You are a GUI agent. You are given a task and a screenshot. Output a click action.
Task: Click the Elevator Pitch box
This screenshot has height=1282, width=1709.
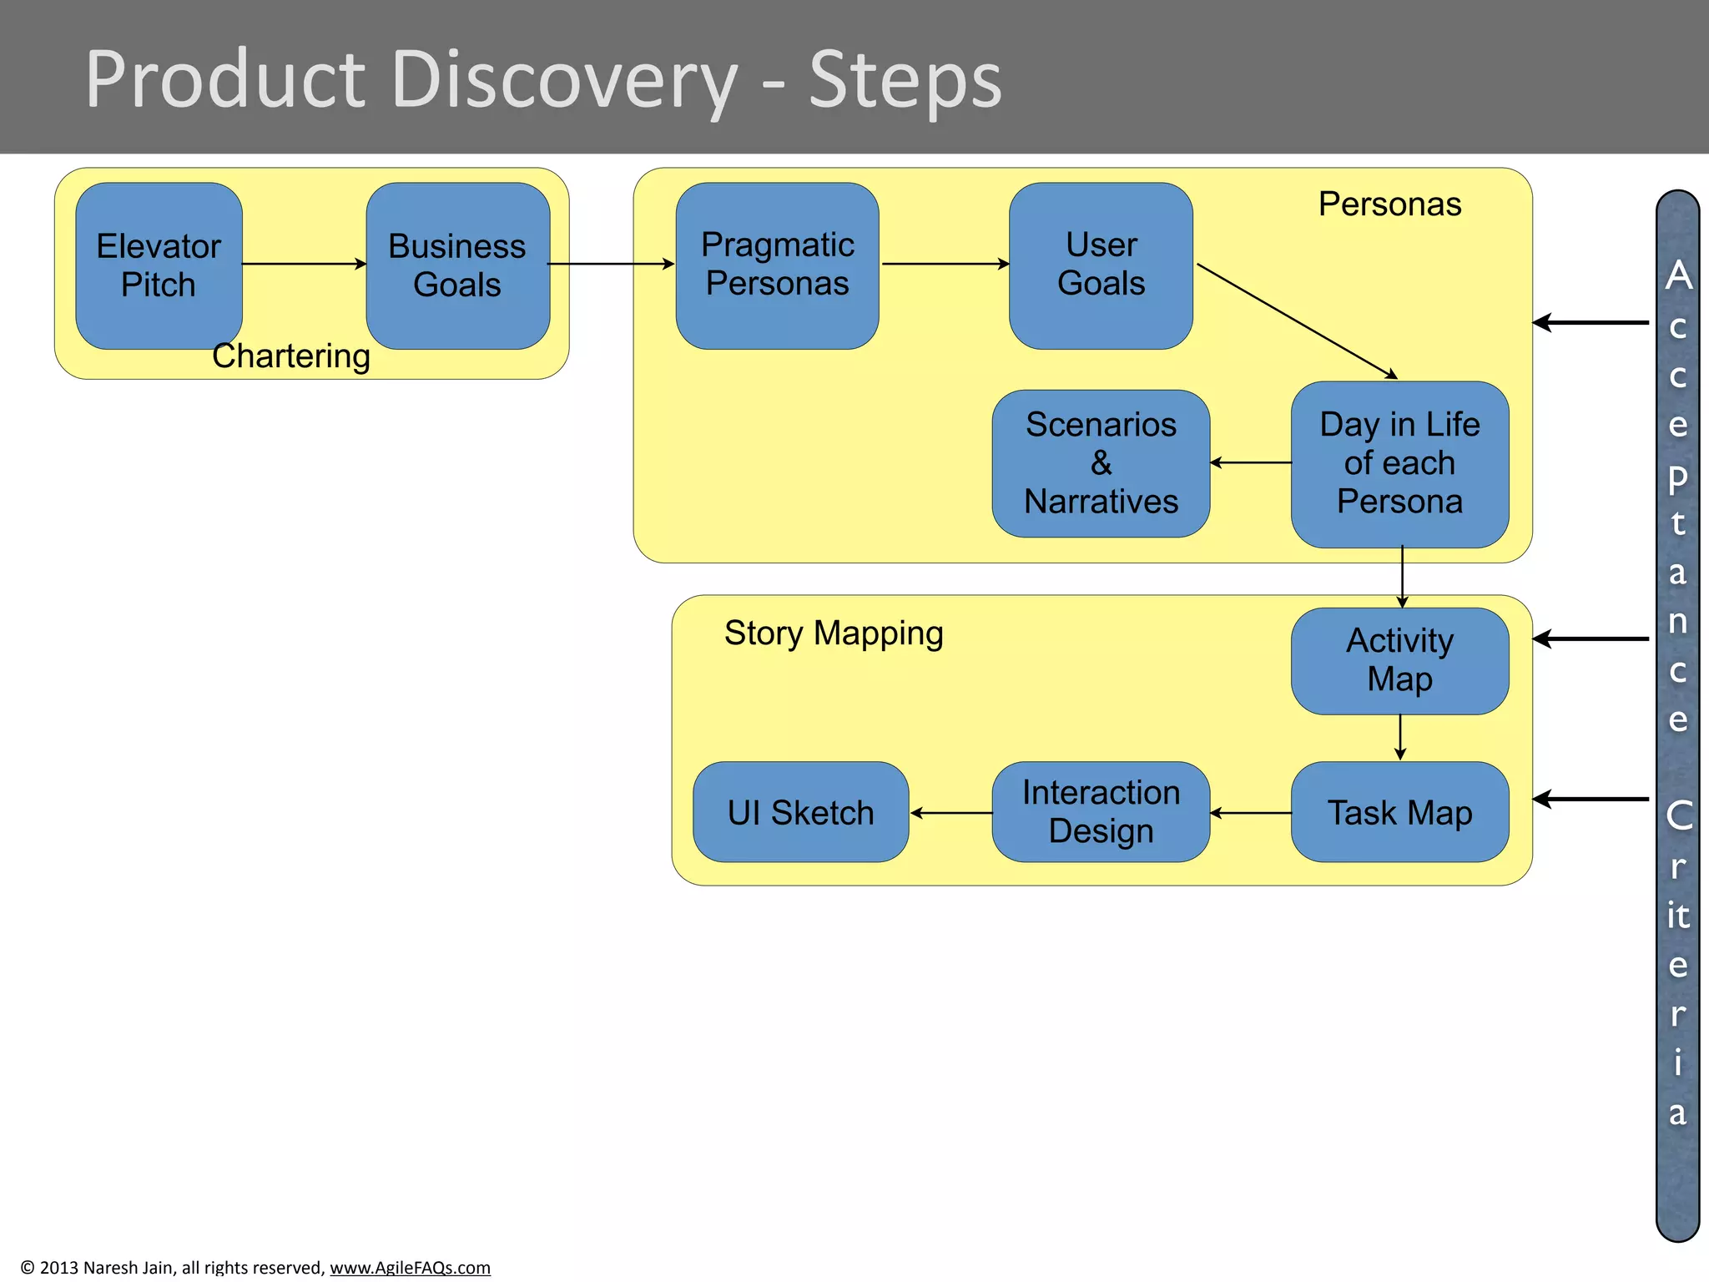159,265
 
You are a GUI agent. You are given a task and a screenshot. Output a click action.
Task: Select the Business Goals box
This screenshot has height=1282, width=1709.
457,265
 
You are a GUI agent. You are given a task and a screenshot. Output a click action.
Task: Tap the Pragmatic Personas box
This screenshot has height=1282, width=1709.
777,265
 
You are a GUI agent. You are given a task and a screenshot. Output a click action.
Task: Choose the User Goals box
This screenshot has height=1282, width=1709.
1101,265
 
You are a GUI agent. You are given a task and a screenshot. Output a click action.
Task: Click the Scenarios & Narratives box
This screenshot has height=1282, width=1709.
1101,463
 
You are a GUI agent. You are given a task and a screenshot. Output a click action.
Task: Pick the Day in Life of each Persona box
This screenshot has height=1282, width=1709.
1399,464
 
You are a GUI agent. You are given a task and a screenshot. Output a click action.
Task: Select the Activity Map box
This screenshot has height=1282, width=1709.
1399,660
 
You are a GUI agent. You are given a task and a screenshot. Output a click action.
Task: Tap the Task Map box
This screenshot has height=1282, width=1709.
1399,812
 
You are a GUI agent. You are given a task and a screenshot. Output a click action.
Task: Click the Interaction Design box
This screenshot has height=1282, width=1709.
1101,812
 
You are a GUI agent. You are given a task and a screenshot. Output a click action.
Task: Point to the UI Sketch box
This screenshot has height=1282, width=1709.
800,812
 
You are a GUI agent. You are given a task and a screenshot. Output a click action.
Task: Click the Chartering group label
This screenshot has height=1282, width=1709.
290,356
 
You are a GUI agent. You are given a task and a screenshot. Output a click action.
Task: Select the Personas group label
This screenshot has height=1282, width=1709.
1389,204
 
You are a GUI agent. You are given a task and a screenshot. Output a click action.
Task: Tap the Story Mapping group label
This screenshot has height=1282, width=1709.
833,633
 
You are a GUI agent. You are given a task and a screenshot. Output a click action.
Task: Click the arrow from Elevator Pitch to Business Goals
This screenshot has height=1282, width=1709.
304,264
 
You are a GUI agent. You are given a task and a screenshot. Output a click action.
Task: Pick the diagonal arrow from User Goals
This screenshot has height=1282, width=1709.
1296,320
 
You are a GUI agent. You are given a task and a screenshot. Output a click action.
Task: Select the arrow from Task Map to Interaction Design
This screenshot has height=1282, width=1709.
1250,812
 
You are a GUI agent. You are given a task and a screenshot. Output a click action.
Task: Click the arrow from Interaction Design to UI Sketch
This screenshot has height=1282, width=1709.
951,812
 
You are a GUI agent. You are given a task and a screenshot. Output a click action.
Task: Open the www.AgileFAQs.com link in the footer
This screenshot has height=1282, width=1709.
410,1267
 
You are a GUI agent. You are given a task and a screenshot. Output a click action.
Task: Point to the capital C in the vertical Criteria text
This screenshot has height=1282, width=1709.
1679,815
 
